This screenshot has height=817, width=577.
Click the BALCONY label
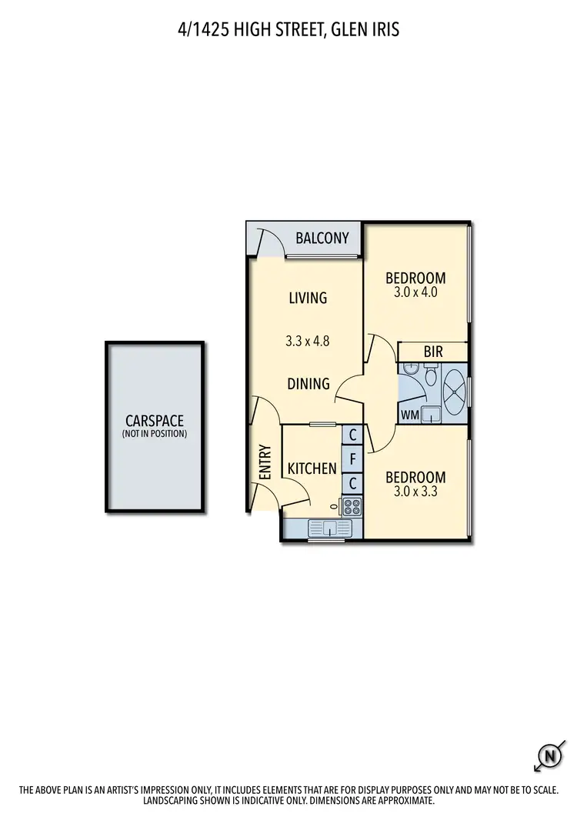coord(322,238)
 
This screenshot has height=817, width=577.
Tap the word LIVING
coord(308,298)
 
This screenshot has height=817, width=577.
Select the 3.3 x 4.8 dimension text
coord(308,342)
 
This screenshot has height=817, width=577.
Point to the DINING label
coord(309,384)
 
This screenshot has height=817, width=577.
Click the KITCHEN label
coord(312,469)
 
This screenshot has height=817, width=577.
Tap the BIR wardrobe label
coord(433,352)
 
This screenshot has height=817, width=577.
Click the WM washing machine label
coord(409,415)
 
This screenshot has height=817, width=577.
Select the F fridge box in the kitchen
coord(352,460)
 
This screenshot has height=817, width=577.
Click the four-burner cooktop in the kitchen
coord(352,507)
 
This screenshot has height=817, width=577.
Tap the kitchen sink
coord(329,528)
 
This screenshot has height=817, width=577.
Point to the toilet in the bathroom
coord(431,378)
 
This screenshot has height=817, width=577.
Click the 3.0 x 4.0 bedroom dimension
coord(415,292)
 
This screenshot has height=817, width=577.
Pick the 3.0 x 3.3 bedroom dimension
coord(415,491)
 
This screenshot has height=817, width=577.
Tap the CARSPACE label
coord(154,421)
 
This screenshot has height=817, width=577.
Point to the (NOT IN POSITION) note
coord(154,434)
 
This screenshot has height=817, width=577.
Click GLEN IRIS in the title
coord(367,30)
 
